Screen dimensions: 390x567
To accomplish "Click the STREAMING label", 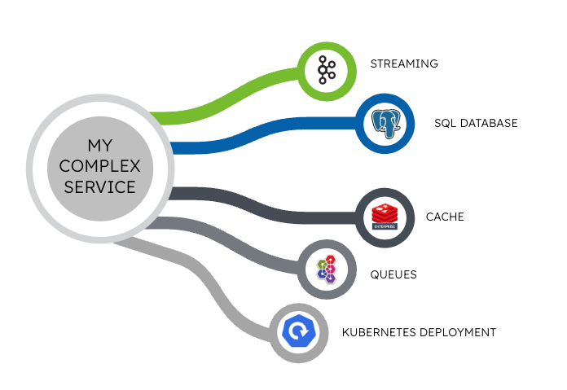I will [x=404, y=64].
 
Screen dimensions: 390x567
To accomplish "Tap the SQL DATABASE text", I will [x=476, y=124].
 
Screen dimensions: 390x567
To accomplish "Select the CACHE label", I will [x=445, y=217].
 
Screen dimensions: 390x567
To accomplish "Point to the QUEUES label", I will [x=393, y=274].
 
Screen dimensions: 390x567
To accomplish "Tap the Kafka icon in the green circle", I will [x=327, y=70].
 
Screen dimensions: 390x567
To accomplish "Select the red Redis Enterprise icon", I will [x=388, y=217].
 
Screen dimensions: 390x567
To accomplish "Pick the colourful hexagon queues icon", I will [x=327, y=268].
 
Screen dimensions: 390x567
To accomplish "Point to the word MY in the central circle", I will [x=102, y=147].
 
